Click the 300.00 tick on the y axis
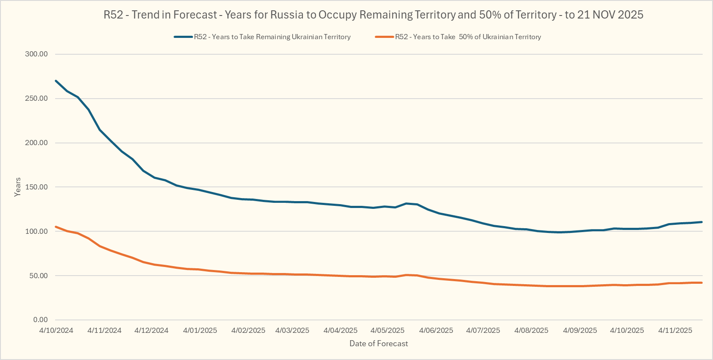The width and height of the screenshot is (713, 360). (36, 54)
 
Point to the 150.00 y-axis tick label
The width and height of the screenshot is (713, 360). (36, 187)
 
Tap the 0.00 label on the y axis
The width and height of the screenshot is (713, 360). (40, 320)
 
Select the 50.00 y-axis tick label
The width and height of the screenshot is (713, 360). (38, 276)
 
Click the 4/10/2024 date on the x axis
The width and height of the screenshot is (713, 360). (56, 330)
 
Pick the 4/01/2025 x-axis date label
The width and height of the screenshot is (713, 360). (200, 330)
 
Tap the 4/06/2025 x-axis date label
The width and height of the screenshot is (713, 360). (436, 330)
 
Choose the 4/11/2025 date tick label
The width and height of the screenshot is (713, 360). (675, 330)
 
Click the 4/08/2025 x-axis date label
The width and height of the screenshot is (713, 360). (531, 330)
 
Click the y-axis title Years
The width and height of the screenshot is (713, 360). (18, 187)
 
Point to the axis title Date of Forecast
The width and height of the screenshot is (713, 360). (379, 344)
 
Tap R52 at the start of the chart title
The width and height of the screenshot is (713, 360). (113, 15)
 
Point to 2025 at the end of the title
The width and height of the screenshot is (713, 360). (630, 15)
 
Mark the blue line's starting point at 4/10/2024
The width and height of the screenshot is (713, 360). (56, 81)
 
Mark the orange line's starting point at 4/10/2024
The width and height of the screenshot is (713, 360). (56, 227)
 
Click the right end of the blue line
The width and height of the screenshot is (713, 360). (702, 222)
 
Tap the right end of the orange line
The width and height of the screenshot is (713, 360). (702, 282)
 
